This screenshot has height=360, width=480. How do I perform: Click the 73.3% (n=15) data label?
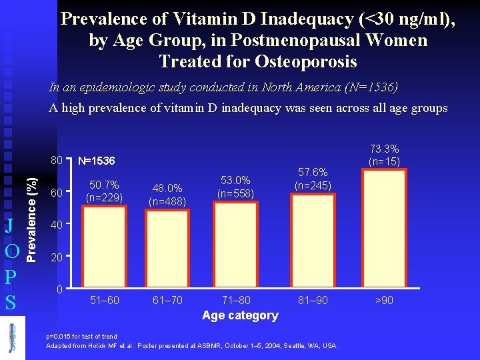pos(383,155)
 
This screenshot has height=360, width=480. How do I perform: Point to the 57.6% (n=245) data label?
pos(313,179)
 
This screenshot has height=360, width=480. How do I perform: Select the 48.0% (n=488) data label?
pos(167,194)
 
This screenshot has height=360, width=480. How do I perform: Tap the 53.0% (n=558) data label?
pos(235,186)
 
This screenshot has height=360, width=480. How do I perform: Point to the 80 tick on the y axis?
pos(57,161)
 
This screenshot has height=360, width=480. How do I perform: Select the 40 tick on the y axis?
pos(57,225)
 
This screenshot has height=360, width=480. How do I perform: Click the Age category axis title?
pos(240,315)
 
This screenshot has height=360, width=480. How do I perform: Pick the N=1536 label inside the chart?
pos(96,161)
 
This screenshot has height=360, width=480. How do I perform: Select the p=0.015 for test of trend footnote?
pos(81,337)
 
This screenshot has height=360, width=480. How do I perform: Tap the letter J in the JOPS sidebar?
pos(10,224)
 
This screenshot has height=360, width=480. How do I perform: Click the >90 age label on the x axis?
pos(384,300)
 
